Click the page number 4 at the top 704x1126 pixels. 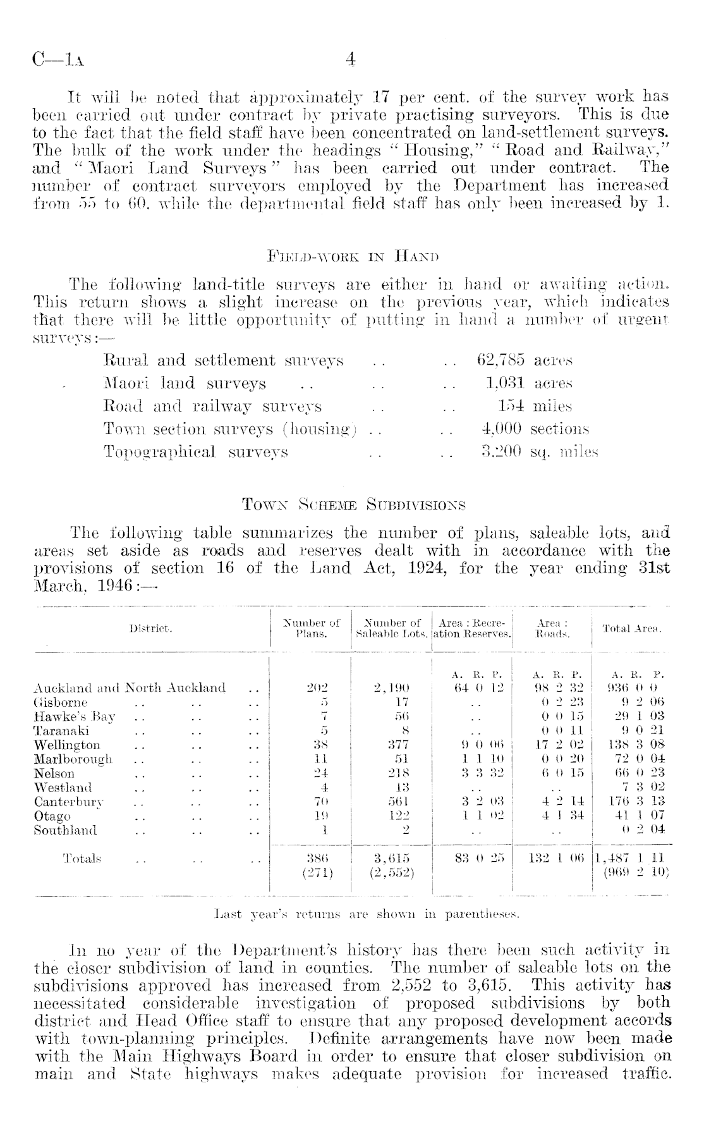[351, 59]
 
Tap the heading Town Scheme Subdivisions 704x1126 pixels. [353, 505]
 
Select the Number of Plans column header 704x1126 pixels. [311, 628]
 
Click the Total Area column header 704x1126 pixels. [631, 628]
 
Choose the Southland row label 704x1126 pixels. [65, 829]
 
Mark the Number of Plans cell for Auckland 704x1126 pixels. [311, 688]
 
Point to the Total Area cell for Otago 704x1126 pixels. [633, 816]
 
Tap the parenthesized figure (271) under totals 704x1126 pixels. [311, 873]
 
